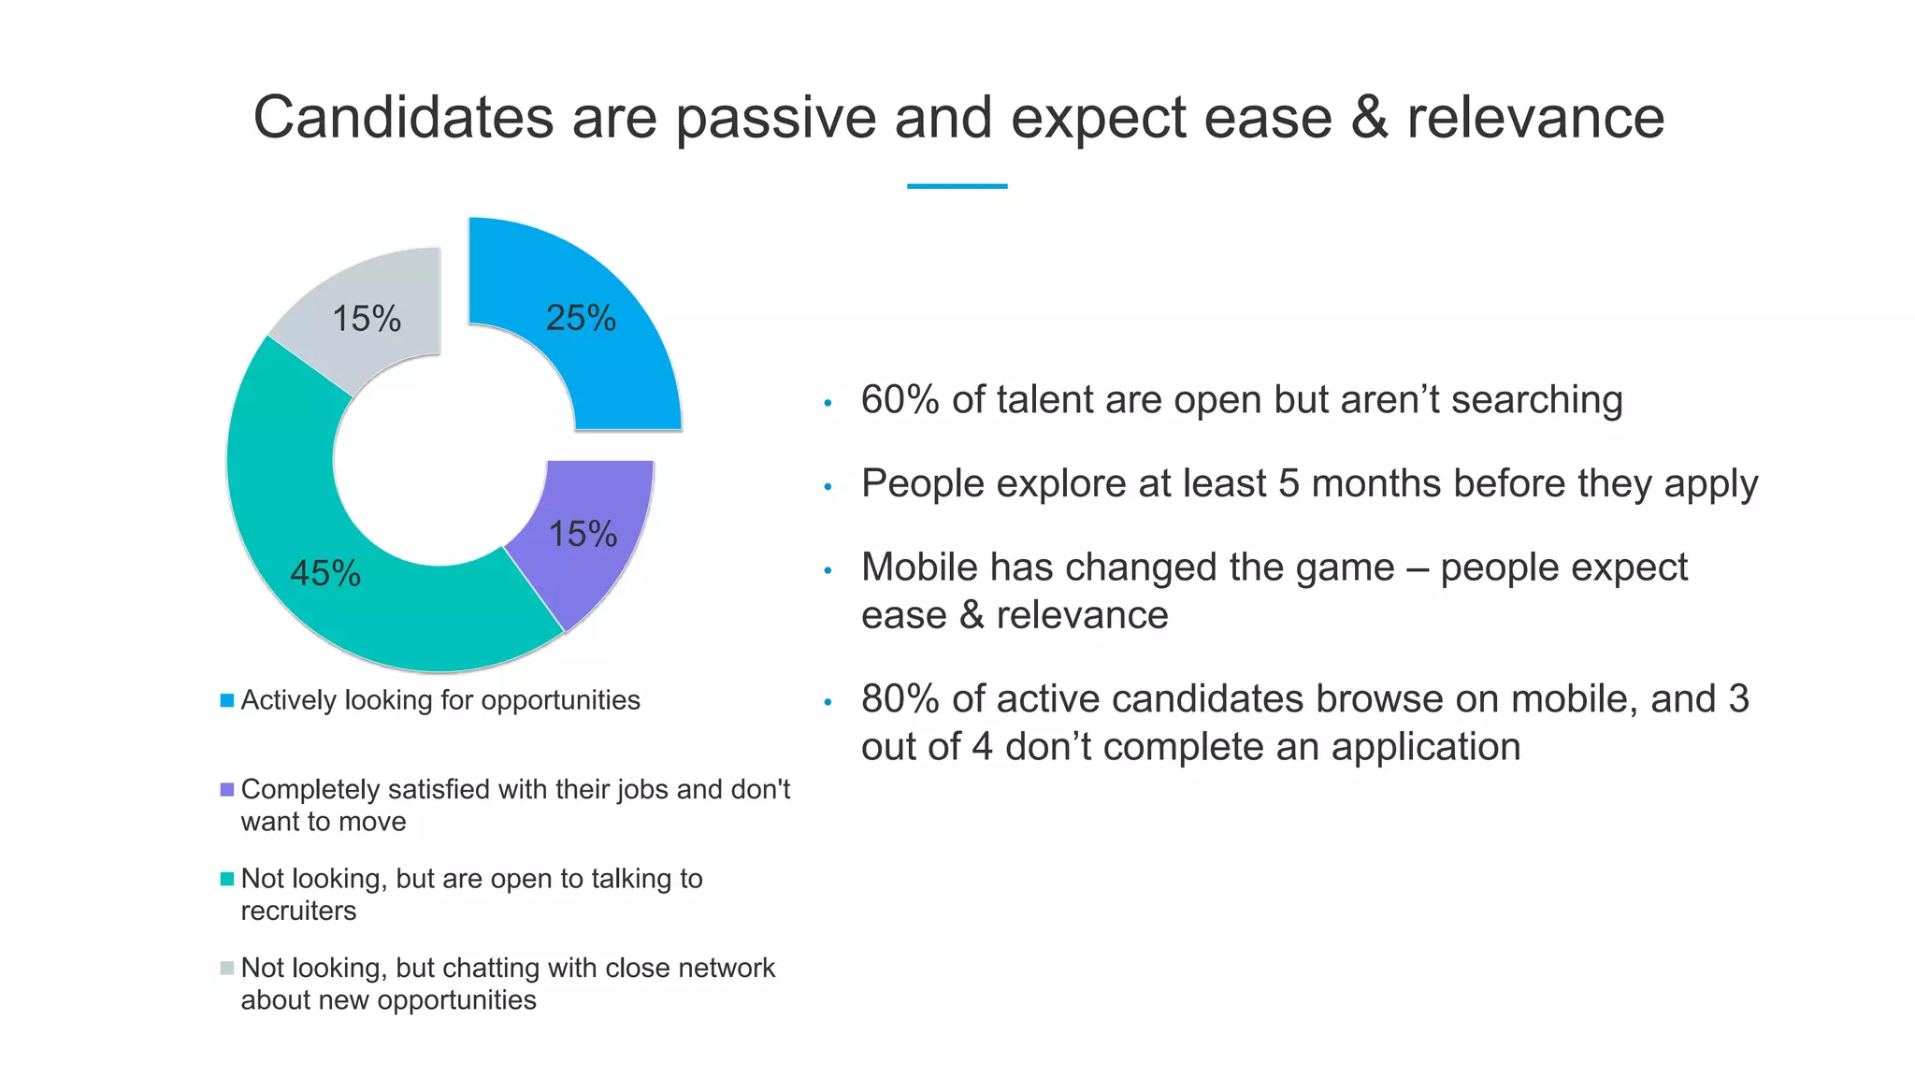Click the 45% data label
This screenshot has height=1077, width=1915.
[x=324, y=573]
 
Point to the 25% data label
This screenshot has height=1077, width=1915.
[x=581, y=318]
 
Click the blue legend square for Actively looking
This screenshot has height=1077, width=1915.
[x=227, y=700]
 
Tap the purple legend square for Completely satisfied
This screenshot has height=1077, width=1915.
[x=227, y=790]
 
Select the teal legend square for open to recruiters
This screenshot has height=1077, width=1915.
[x=227, y=879]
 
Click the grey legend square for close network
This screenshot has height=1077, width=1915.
[x=227, y=968]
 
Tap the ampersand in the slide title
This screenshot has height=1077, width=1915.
[x=1369, y=118]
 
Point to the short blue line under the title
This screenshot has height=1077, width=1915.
[x=957, y=186]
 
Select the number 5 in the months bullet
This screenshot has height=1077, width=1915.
[x=1289, y=483]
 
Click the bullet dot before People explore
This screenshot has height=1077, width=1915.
[x=828, y=487]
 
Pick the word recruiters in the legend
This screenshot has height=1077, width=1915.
[x=298, y=911]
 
